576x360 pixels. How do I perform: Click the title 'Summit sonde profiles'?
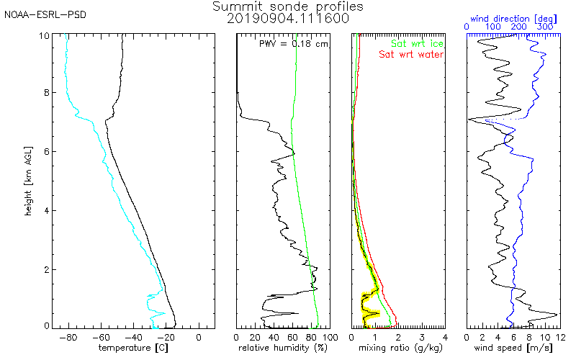pos(288,6)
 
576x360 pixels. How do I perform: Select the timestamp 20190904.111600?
pos(288,19)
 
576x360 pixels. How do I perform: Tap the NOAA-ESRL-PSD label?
pos(45,14)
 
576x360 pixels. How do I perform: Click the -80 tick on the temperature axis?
pos(68,336)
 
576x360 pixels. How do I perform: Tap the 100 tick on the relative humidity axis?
pos(329,336)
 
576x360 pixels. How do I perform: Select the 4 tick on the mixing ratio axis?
pos(445,336)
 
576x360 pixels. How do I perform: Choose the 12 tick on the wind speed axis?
pos(560,336)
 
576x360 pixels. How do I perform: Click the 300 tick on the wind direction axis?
pos(546,27)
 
